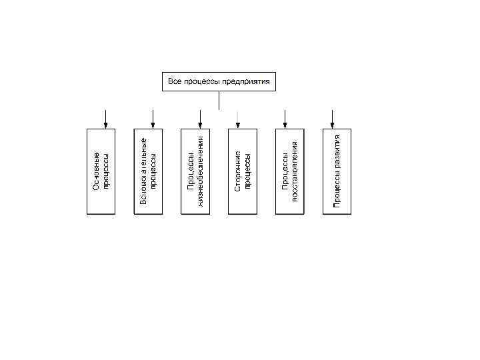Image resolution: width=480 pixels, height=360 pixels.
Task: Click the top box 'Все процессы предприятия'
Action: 219,81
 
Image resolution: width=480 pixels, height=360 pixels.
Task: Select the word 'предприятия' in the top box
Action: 246,81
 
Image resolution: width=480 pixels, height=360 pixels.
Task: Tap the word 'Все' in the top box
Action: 174,81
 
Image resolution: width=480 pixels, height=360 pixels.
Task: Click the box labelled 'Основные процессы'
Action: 101,171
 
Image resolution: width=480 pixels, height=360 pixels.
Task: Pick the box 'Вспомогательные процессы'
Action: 148,171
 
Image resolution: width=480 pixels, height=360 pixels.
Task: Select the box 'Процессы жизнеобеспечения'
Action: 195,171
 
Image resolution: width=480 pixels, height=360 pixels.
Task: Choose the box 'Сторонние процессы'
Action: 243,171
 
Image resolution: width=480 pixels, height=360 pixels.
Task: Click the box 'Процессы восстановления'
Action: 290,171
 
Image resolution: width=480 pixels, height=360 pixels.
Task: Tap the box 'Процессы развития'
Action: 337,171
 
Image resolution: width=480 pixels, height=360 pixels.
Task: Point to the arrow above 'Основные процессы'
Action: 105,118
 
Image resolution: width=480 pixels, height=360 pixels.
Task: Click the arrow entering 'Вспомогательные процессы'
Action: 153,118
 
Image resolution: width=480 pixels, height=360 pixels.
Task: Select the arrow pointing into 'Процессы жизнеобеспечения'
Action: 200,118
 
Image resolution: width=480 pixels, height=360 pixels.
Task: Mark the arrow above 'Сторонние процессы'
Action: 238,118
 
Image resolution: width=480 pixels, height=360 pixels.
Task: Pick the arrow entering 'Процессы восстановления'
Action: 285,118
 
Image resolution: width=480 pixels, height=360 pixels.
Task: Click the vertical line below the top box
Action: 219,100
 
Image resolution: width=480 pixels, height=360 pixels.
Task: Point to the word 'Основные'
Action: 96,171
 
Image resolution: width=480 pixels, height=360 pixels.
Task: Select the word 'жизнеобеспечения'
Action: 200,171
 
